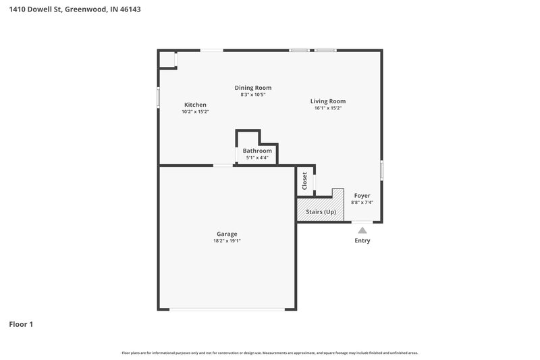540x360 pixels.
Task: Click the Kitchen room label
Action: point(195,105)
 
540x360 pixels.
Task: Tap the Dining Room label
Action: point(253,88)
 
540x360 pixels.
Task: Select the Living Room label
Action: point(328,101)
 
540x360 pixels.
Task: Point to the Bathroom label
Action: point(257,151)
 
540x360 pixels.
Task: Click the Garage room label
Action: point(226,234)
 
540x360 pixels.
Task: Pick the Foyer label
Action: point(362,195)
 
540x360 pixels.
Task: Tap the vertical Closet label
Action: point(304,181)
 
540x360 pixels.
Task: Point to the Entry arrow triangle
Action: point(362,230)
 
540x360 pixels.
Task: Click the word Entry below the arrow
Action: point(362,240)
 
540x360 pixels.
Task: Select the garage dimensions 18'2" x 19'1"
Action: point(226,240)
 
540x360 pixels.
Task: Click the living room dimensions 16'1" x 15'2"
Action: point(328,108)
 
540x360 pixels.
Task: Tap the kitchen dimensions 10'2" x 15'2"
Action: point(195,111)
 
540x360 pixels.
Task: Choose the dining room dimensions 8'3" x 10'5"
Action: point(253,95)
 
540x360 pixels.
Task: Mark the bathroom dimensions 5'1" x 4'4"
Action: point(257,157)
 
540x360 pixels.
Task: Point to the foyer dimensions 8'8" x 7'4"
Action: point(362,202)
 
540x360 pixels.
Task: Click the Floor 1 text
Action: point(21,324)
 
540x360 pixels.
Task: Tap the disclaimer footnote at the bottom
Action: point(270,353)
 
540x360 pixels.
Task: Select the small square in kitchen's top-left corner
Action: point(167,59)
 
